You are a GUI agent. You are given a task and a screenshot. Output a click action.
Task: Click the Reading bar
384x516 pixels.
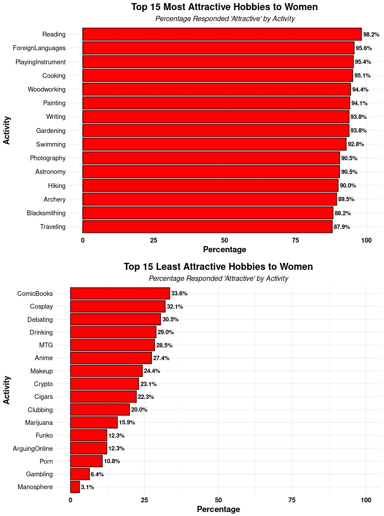222,34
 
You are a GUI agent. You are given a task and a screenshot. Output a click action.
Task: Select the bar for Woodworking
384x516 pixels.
216,89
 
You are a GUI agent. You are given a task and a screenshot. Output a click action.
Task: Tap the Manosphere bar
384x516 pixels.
75,487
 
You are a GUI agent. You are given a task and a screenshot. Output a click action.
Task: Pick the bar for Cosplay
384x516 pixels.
118,306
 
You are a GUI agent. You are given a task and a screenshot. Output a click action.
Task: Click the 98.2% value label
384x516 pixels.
371,35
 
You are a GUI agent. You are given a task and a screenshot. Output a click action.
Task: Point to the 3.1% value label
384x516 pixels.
87,487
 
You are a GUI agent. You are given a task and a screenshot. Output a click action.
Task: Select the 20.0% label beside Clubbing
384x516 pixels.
139,410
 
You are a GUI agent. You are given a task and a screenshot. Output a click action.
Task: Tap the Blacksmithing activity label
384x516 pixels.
46,213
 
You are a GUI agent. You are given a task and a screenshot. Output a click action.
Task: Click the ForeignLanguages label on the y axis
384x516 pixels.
39,48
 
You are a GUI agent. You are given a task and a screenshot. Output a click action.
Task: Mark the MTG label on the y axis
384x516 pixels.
46,345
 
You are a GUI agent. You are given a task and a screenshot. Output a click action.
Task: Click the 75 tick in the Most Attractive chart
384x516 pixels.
295,240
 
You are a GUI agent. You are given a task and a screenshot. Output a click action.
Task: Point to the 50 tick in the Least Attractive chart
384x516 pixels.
218,500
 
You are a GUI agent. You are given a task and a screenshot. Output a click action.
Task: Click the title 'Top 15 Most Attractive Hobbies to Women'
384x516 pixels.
224,7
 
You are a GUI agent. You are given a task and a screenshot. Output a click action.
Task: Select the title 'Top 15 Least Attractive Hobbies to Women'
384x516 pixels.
218,267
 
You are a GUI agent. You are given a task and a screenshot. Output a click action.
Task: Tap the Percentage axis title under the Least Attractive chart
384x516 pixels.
218,509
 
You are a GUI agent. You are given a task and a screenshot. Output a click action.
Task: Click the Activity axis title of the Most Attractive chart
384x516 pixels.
7,130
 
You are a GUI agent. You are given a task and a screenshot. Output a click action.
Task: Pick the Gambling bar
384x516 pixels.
80,474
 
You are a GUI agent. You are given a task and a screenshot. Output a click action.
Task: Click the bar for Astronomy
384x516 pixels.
211,172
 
